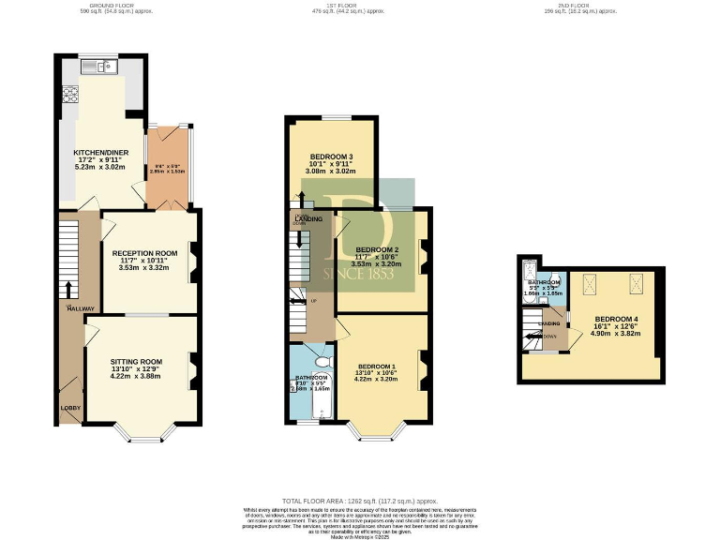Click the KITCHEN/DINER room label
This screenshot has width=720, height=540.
[x=100, y=153]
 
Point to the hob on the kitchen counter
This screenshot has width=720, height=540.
[x=68, y=95]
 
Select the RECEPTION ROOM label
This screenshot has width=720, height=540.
[x=144, y=253]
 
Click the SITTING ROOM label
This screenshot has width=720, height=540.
[x=137, y=361]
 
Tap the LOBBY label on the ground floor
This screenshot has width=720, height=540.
[x=70, y=408]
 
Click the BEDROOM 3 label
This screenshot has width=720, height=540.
[x=332, y=157]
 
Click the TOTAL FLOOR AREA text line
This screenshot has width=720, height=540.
[x=359, y=502]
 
